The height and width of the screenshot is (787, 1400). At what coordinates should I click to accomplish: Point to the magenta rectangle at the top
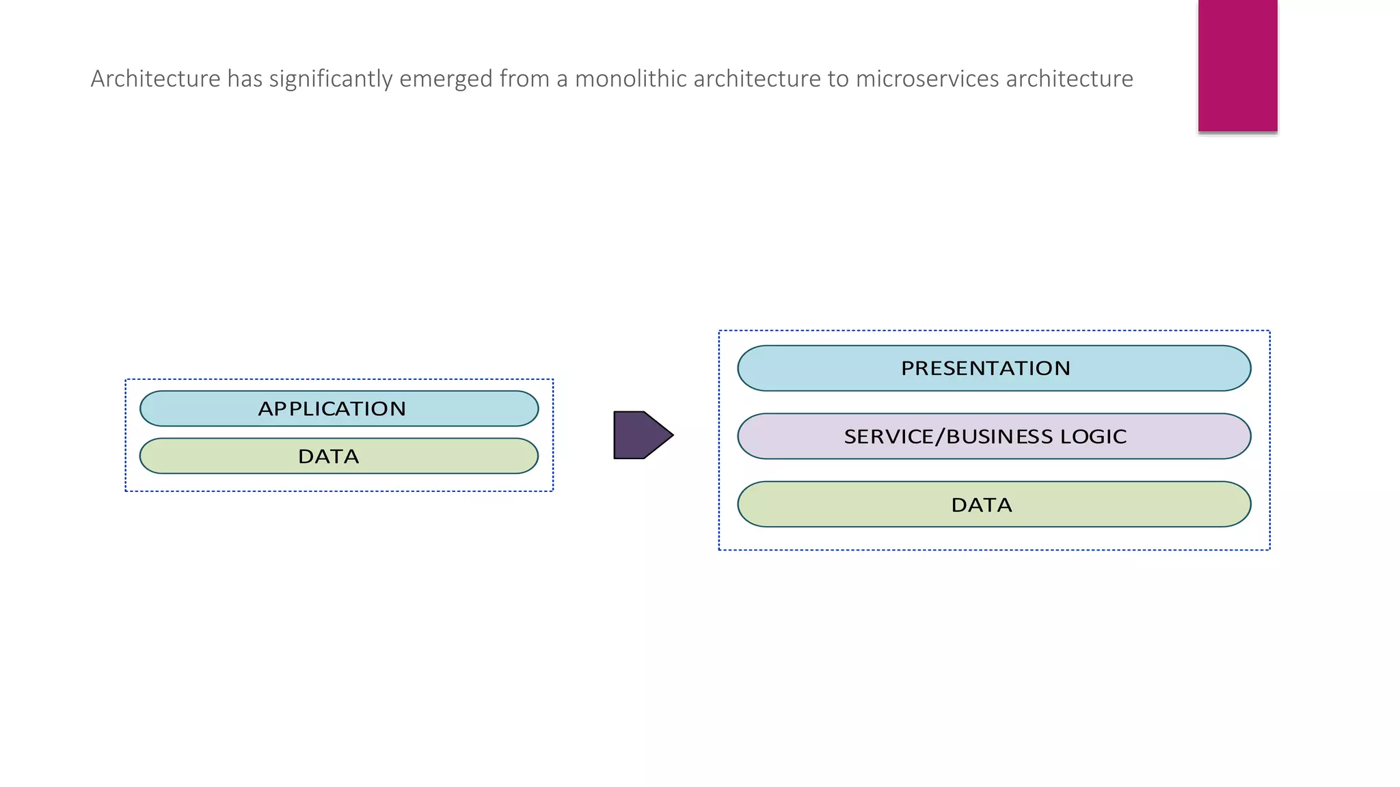coord(1237,65)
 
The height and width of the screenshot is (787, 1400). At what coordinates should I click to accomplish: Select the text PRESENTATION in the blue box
coord(985,368)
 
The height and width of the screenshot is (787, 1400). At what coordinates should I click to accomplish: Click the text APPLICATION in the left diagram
coord(332,409)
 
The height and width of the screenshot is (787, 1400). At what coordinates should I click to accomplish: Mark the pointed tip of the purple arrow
coord(671,434)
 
